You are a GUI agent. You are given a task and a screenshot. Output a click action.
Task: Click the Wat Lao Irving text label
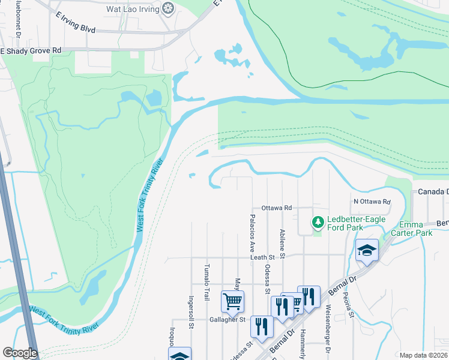tap(133, 9)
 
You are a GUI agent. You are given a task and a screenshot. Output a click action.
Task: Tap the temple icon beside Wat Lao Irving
tap(169, 9)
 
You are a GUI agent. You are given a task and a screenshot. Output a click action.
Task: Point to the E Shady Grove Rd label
tap(31, 51)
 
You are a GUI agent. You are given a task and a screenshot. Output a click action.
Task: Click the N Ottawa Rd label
tap(372, 202)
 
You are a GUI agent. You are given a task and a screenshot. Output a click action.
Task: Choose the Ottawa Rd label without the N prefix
tap(276, 208)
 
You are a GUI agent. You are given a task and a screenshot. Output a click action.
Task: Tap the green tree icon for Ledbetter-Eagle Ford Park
tap(318, 223)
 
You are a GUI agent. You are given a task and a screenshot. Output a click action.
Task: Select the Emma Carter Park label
tap(412, 229)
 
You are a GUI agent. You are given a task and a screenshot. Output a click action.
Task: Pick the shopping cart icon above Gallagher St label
tap(232, 301)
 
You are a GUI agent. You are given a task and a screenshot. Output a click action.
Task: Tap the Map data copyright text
tap(424, 355)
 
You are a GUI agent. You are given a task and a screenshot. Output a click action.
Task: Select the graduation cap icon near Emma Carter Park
tap(367, 251)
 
